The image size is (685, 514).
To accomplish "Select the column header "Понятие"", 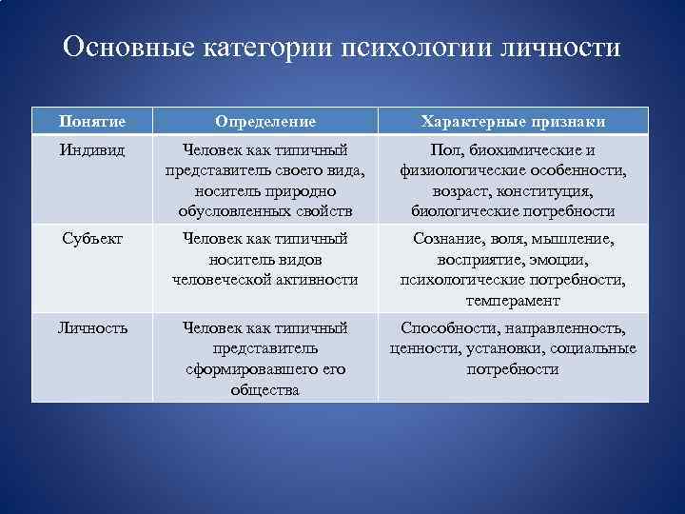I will click(x=91, y=122).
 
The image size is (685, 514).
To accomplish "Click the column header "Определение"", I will click(x=265, y=122).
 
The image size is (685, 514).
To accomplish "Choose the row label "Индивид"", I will click(x=91, y=150).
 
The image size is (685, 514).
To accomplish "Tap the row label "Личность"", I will click(x=91, y=328).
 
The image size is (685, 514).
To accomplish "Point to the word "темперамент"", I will click(x=513, y=300).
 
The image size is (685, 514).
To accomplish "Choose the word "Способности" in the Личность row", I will click(x=444, y=328).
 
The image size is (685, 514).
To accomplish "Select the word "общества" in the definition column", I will click(x=265, y=389).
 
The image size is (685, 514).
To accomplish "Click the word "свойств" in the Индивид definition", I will click(x=323, y=211).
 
